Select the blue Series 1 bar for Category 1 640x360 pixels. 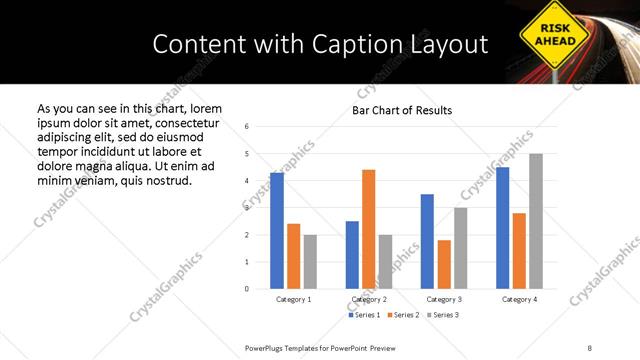point(277,231)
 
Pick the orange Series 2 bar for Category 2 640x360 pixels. point(368,229)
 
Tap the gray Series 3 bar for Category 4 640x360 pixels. point(536,221)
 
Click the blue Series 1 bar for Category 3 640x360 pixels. point(427,241)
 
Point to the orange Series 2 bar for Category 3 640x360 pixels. point(444,264)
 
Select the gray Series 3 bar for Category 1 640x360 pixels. point(311,262)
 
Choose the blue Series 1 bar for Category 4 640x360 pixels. point(503,228)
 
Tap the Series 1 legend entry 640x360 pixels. point(363,315)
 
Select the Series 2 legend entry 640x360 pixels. point(403,315)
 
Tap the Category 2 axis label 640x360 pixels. point(368,299)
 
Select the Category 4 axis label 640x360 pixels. point(519,299)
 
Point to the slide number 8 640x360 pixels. point(589,347)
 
